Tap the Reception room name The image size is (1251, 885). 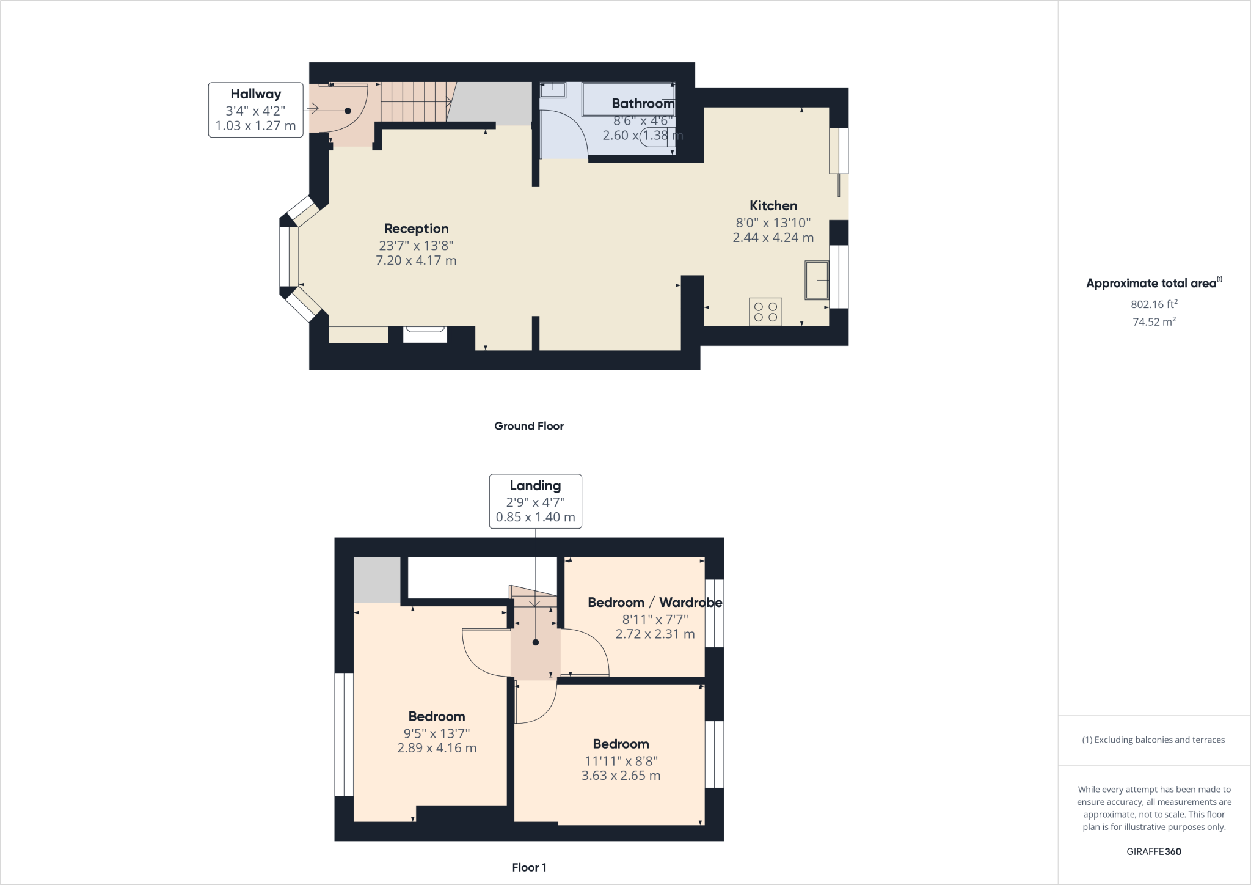pos(416,229)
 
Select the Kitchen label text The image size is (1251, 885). pos(773,206)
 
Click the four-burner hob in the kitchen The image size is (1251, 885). pos(765,312)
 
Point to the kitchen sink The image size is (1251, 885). pos(817,281)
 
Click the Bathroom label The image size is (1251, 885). pos(643,104)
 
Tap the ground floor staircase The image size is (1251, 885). pos(415,101)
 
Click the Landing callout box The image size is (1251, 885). pos(535,501)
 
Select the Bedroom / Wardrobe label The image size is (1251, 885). pos(655,603)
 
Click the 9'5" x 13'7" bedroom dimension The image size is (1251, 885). pos(436,733)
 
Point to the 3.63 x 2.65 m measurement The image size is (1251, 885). pos(621,776)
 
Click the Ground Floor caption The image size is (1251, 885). pos(528,426)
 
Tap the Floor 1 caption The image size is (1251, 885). pos(529,867)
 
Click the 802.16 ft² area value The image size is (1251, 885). pos(1154,304)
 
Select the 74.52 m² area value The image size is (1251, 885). pos(1154,322)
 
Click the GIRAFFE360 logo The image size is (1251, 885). pos(1153,851)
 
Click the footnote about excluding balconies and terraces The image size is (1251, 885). pos(1153,740)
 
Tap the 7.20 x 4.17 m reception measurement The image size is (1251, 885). pos(416,260)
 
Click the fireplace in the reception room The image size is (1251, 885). pos(425,334)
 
